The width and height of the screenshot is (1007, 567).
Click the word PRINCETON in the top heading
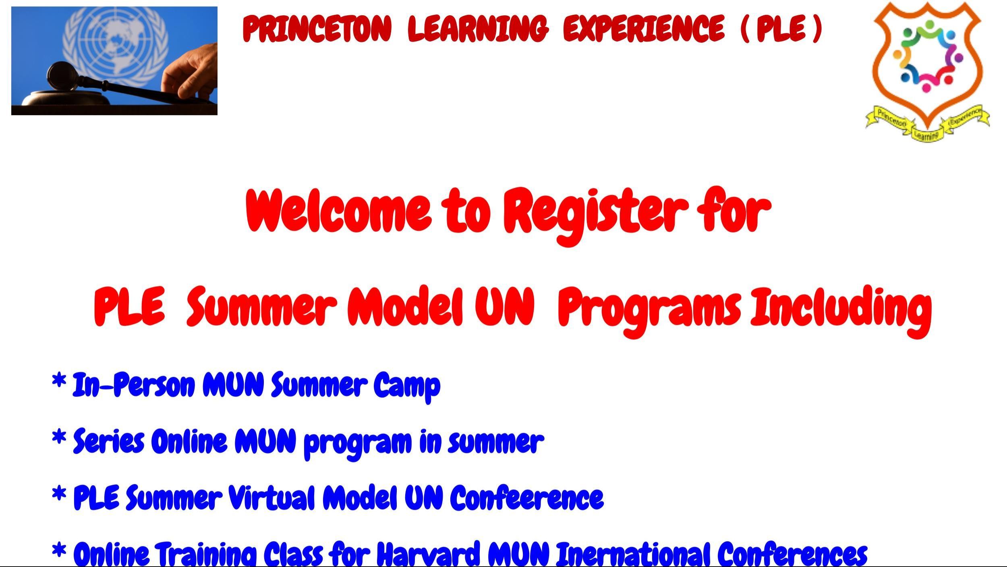click(317, 29)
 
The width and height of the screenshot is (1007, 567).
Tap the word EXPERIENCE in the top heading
click(643, 29)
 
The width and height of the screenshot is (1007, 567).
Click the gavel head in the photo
click(63, 76)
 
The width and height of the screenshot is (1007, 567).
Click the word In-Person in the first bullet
click(133, 385)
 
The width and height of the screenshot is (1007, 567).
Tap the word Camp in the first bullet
click(407, 386)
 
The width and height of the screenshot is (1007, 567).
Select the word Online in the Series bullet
click(189, 441)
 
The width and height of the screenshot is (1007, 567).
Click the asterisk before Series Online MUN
click(59, 438)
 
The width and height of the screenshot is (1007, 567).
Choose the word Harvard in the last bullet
click(429, 554)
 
